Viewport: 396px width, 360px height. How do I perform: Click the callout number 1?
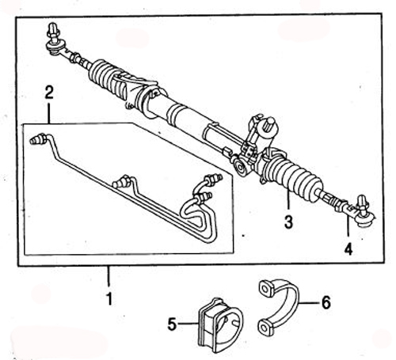click(109, 298)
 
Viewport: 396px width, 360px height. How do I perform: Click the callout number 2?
click(49, 93)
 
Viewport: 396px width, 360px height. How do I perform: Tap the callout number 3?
click(288, 222)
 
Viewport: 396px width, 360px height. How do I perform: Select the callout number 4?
click(348, 248)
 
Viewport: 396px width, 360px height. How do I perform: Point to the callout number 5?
click(172, 324)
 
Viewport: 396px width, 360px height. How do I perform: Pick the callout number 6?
click(326, 302)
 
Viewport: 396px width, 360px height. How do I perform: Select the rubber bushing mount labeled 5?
click(220, 325)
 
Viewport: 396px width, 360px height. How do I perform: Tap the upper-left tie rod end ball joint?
click(55, 41)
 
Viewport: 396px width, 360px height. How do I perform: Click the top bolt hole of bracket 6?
click(265, 289)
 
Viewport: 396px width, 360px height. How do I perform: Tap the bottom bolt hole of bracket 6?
click(265, 328)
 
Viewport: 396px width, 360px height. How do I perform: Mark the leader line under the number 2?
click(49, 113)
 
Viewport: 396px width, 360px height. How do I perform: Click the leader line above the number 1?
click(109, 276)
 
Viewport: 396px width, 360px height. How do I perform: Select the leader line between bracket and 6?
click(310, 302)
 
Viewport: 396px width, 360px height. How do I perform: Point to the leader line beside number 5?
click(188, 324)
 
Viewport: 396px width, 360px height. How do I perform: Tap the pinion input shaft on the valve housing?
click(271, 124)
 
